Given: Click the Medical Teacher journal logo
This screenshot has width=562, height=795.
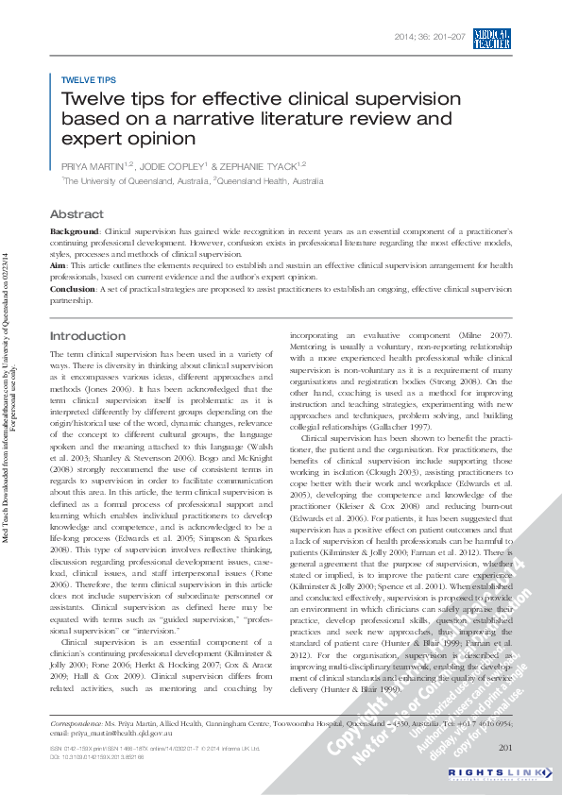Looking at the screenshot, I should tap(492, 38).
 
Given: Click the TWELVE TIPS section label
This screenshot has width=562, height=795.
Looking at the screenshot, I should tap(88, 80).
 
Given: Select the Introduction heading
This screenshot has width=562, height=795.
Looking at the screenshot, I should tap(87, 336).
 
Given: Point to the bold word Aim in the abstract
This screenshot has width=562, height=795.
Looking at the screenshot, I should tap(58, 266).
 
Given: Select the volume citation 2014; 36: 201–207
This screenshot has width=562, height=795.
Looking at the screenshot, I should tap(429, 37).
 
